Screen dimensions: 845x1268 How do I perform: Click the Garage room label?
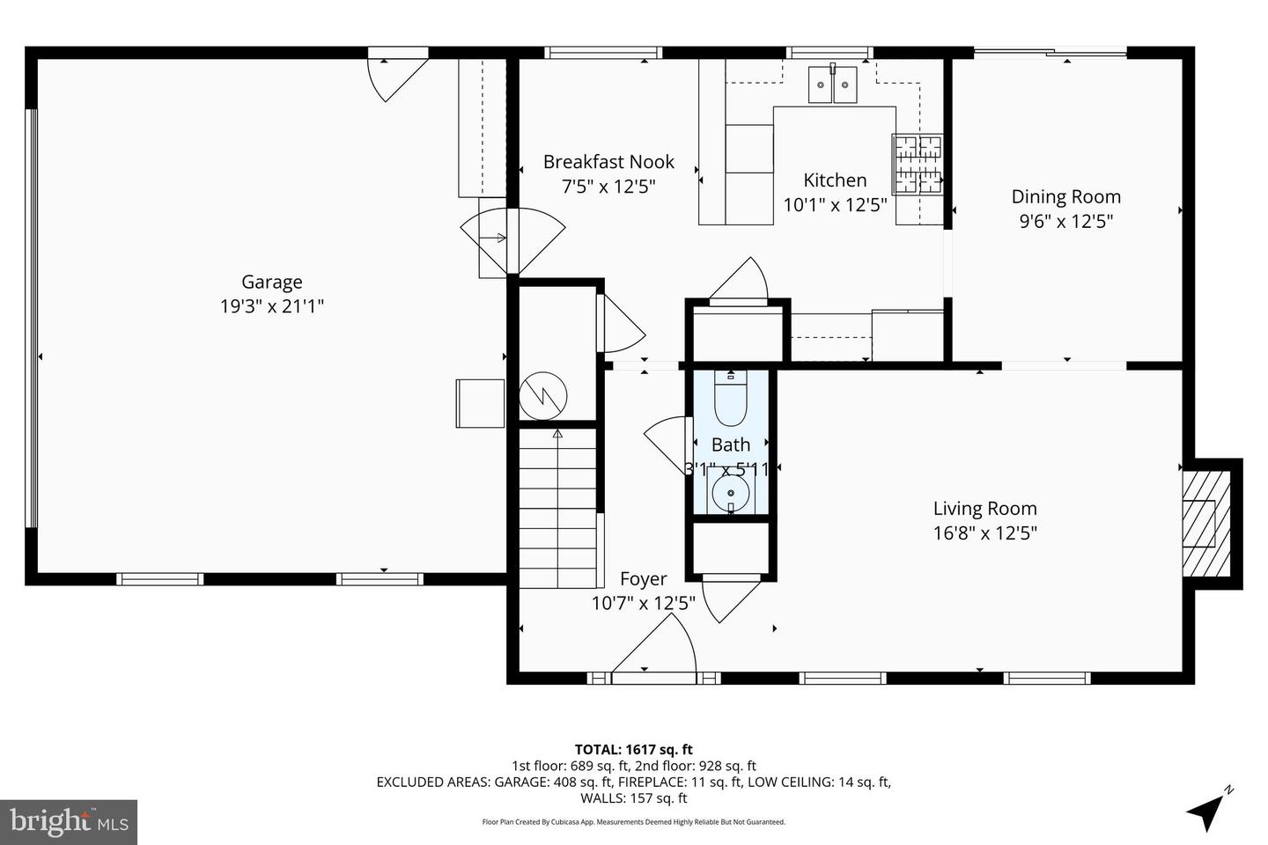click(x=271, y=282)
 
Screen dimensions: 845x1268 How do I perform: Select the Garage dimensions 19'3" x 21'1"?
click(x=271, y=306)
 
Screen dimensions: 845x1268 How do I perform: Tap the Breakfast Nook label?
click(x=608, y=162)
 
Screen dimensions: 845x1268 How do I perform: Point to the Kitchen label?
click(x=835, y=180)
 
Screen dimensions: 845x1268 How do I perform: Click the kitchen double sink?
click(x=832, y=84)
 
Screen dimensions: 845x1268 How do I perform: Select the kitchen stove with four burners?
click(x=918, y=164)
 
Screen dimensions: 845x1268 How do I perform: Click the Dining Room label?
click(x=1065, y=197)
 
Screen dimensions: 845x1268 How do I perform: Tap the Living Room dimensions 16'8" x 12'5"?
click(x=984, y=533)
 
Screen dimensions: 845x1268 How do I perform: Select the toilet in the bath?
click(x=730, y=400)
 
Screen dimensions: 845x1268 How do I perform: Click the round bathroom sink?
click(x=730, y=493)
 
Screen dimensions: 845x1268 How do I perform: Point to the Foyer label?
click(x=643, y=579)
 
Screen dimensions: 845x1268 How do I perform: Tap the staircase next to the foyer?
click(x=557, y=506)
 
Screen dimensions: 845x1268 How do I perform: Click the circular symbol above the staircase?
click(x=543, y=395)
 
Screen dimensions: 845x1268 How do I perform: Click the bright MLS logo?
click(x=68, y=822)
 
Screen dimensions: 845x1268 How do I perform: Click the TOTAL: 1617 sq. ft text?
click(x=633, y=750)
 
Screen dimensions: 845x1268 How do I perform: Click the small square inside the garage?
click(x=480, y=403)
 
